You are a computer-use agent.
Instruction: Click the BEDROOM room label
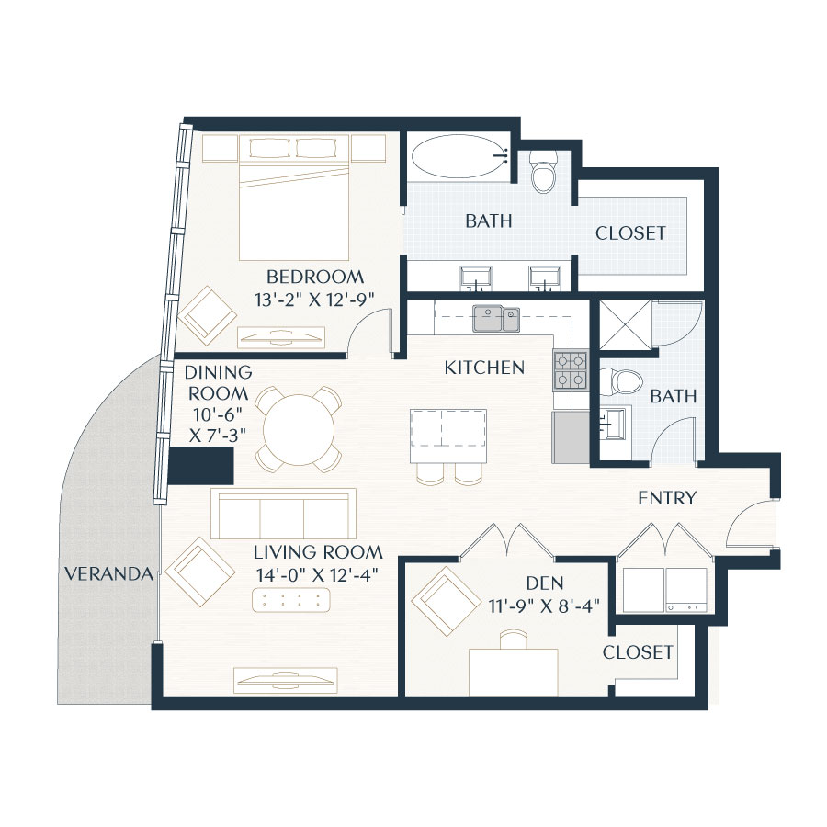coord(314,276)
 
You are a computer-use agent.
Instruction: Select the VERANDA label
coord(108,574)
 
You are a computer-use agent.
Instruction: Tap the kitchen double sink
coord(495,319)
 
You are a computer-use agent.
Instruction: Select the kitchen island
coord(447,436)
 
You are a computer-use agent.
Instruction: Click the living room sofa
coord(283,514)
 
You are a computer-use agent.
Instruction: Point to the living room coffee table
coord(296,600)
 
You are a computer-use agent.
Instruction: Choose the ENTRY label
coord(668,498)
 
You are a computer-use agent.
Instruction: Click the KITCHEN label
coord(484,368)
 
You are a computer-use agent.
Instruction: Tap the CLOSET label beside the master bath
coord(629,233)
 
